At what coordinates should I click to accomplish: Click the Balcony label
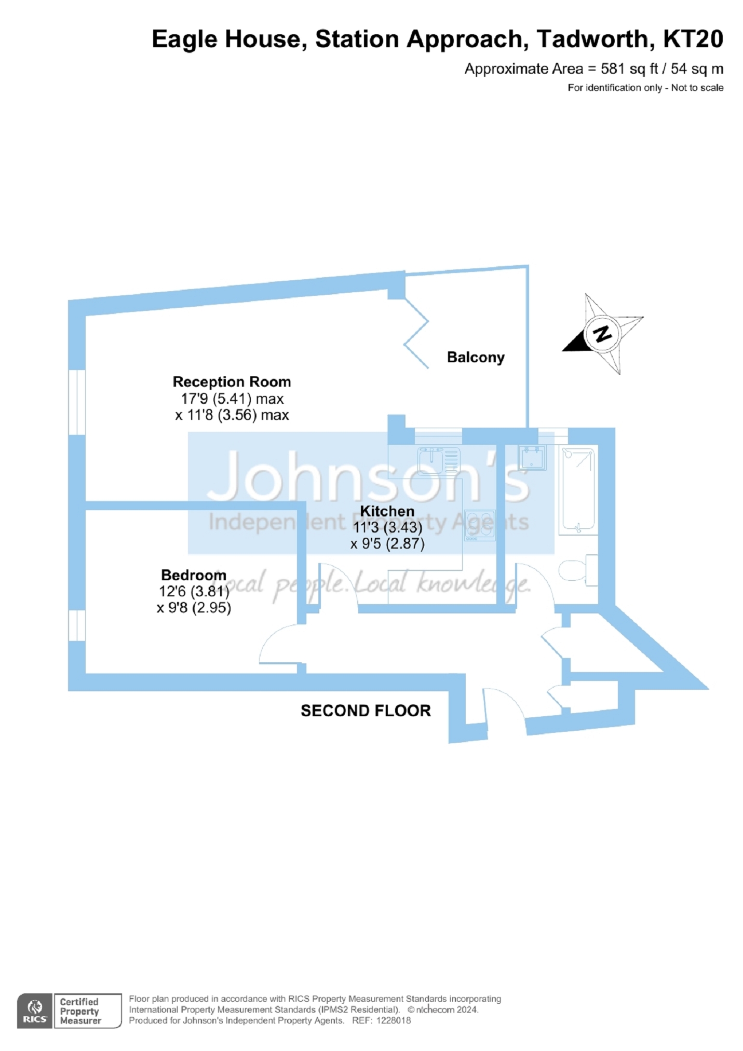(x=476, y=358)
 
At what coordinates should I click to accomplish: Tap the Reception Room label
(x=232, y=381)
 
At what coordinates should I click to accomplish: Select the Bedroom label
(x=194, y=575)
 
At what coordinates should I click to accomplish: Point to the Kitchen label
(x=387, y=511)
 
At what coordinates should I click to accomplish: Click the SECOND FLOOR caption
(x=366, y=711)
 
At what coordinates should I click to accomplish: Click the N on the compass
(x=602, y=333)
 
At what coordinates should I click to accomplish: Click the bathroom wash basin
(x=532, y=457)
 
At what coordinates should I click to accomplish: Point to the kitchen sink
(x=439, y=461)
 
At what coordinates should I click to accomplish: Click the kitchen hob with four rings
(x=479, y=525)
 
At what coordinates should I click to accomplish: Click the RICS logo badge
(x=35, y=1011)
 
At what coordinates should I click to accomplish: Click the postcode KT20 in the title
(x=693, y=39)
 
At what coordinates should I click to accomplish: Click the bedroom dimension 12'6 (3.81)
(x=194, y=591)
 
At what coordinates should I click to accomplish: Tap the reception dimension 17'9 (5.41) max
(x=232, y=399)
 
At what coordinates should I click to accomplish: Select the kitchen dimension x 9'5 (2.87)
(x=387, y=543)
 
